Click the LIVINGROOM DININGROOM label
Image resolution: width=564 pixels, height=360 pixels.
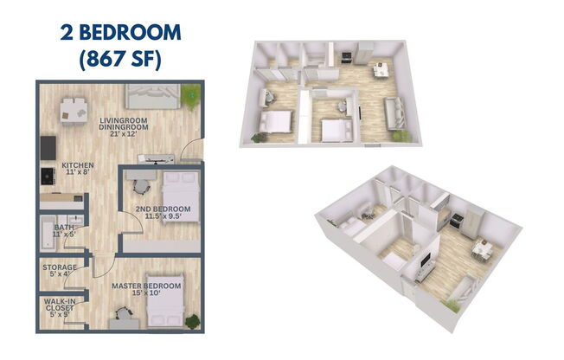click(x=122, y=124)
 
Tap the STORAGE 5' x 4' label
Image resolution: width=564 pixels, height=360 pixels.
click(x=60, y=271)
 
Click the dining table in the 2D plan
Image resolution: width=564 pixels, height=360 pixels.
click(x=73, y=111)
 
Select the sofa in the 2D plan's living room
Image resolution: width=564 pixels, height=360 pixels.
click(x=153, y=95)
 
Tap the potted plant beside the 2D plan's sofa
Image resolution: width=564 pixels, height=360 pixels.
click(x=190, y=93)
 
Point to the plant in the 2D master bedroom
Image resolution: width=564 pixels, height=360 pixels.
click(x=192, y=320)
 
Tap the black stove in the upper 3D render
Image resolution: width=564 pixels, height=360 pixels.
click(x=346, y=58)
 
